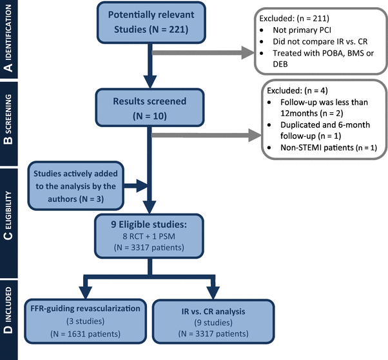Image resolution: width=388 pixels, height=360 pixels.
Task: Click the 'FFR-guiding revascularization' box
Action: [x=86, y=319]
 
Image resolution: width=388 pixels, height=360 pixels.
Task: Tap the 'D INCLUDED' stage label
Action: [x=9, y=316]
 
